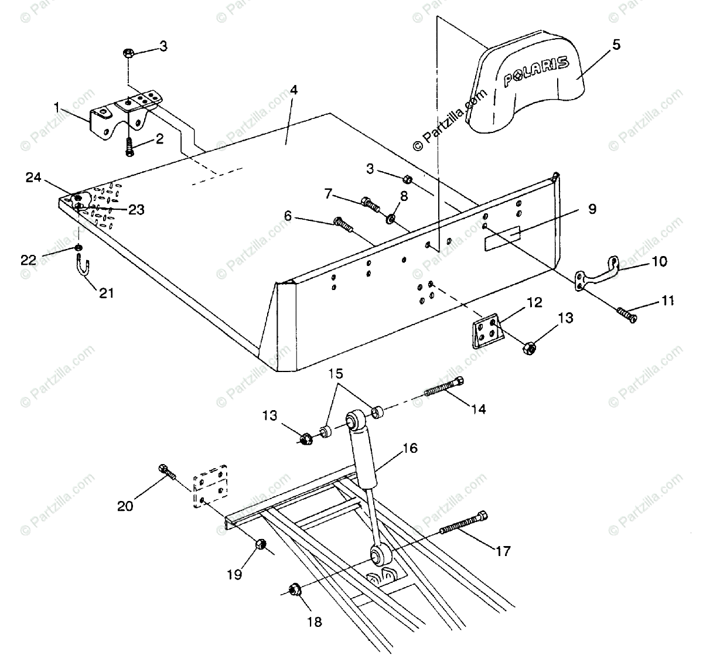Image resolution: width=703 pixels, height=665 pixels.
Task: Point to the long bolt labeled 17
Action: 462,523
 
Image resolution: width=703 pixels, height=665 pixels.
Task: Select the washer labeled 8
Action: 390,219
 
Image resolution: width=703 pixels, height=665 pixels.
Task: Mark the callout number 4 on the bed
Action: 294,91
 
